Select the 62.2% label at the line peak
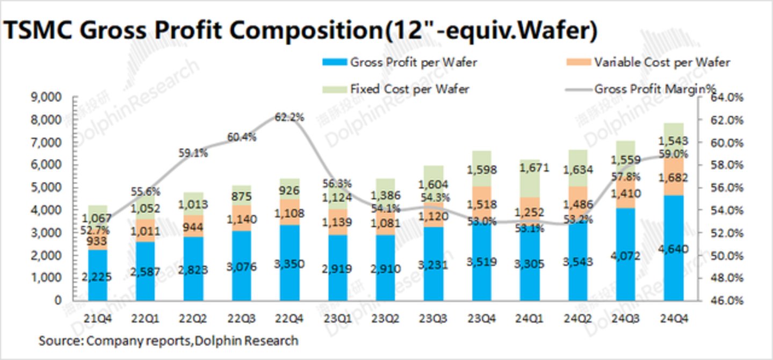290,117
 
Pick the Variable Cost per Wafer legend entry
661,62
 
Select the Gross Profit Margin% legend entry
655,89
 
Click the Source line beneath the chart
168,340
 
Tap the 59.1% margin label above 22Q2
193,152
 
